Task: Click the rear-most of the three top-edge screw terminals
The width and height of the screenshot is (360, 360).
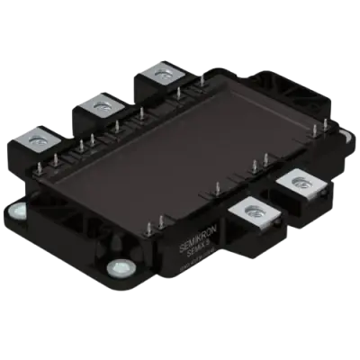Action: [x=163, y=74]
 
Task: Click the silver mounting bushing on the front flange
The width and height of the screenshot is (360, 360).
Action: [x=116, y=268]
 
